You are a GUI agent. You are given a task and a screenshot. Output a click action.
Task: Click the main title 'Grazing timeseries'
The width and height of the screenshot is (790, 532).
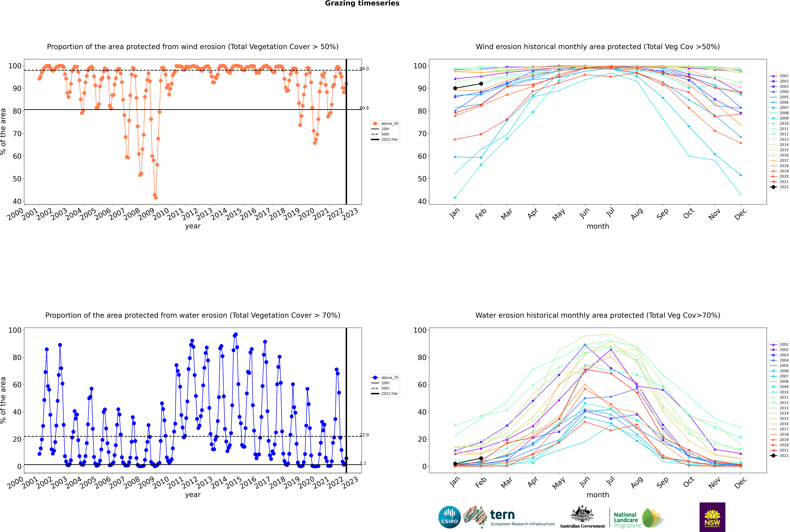click(362, 3)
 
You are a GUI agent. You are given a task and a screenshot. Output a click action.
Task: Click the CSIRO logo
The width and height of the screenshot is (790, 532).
click(449, 517)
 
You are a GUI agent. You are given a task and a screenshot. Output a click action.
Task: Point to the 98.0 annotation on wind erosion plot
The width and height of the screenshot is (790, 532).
click(364, 69)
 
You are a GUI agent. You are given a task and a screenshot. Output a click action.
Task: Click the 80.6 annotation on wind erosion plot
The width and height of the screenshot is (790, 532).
click(364, 108)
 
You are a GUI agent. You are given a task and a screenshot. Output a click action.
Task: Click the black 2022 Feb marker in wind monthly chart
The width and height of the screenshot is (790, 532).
click(481, 84)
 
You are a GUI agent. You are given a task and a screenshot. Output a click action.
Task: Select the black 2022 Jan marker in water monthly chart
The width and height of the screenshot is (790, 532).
click(455, 464)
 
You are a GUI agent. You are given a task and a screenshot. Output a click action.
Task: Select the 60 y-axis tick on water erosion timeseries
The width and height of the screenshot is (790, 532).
click(17, 385)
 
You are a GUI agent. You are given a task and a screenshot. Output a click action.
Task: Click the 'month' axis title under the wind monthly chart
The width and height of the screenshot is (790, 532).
click(598, 226)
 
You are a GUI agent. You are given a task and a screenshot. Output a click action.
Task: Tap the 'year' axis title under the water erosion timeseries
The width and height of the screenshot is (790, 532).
click(193, 495)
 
